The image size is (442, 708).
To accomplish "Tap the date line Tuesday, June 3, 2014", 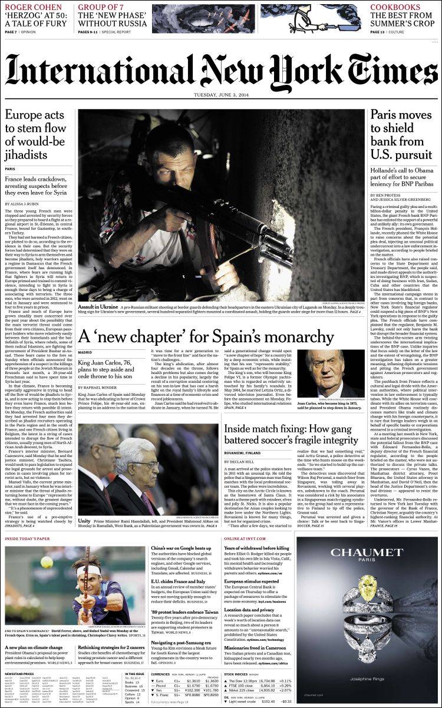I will point(221,97).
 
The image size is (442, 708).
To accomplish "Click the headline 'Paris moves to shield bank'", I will point(401,134).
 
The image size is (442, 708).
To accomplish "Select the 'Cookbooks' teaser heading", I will point(395,7).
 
